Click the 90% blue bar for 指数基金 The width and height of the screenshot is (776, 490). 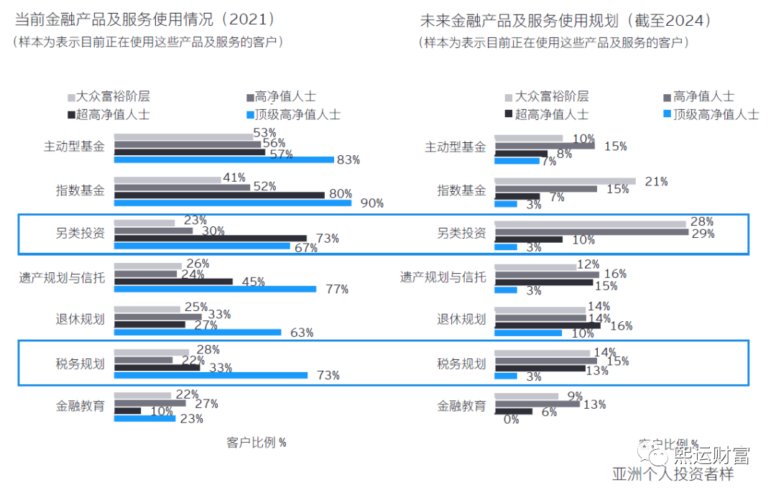233,203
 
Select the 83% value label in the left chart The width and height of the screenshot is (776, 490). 348,160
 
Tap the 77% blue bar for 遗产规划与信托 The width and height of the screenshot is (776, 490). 215,290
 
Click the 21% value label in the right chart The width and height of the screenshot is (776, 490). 656,182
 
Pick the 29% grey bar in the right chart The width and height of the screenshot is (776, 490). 591,232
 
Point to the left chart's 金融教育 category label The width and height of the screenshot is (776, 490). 80,406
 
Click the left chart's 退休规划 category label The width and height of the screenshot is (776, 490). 80,320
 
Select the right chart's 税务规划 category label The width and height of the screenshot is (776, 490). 461,364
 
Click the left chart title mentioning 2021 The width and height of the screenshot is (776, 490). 144,19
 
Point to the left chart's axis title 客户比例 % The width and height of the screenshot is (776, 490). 257,443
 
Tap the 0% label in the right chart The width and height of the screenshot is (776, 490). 511,420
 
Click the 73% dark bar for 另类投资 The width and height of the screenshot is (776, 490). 210,239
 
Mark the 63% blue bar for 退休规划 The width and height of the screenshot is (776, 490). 197,333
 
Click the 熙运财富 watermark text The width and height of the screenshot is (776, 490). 711,456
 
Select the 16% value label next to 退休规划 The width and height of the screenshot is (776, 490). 621,326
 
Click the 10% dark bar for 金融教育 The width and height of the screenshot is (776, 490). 127,411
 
